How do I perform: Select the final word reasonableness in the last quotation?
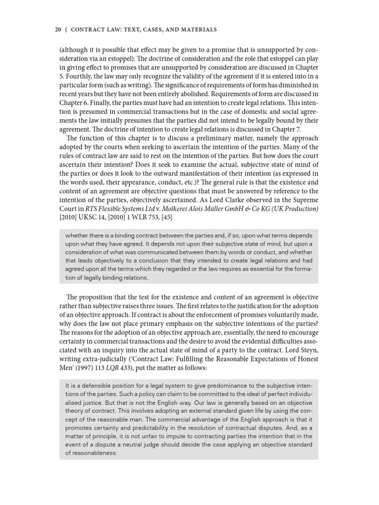(x=93, y=453)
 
